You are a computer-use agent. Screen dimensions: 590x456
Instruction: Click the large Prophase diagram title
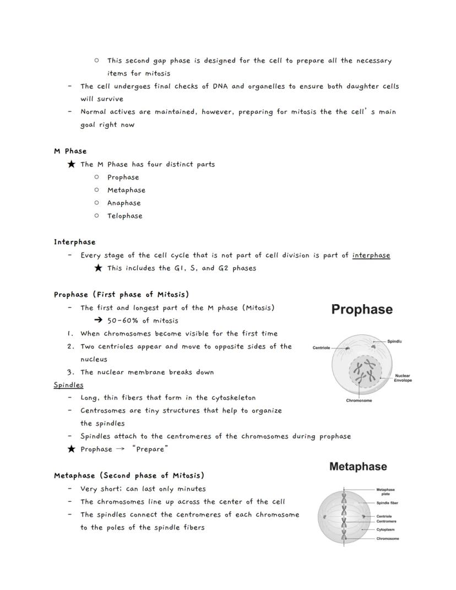(362, 310)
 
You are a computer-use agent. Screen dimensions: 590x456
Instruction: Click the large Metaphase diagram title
(358, 467)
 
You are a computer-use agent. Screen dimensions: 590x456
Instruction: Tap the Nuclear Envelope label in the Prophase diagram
(403, 378)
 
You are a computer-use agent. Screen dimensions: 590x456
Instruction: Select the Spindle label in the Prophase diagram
(394, 342)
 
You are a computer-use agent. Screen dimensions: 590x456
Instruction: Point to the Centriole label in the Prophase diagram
(321, 348)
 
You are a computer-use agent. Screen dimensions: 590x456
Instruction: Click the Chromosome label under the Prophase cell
(359, 400)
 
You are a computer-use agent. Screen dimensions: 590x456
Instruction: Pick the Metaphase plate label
(386, 491)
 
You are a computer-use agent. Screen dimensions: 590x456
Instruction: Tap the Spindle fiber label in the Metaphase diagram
(387, 503)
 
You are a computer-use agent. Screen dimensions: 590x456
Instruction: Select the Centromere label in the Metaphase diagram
(387, 521)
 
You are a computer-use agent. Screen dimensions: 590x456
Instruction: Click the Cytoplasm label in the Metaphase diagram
(386, 529)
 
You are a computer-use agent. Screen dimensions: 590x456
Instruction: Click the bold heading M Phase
(70, 151)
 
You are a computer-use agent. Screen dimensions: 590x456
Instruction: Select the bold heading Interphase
(74, 242)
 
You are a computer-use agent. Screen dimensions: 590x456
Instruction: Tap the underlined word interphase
(371, 255)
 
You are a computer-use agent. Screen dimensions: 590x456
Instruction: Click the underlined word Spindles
(68, 385)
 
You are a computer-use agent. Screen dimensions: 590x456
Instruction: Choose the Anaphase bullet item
(124, 203)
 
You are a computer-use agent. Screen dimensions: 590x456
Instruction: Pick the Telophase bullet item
(124, 216)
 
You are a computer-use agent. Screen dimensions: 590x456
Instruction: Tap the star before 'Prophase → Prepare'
(71, 449)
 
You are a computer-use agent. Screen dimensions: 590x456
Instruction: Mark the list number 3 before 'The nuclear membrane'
(70, 372)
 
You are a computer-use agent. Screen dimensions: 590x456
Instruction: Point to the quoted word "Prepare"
(150, 449)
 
